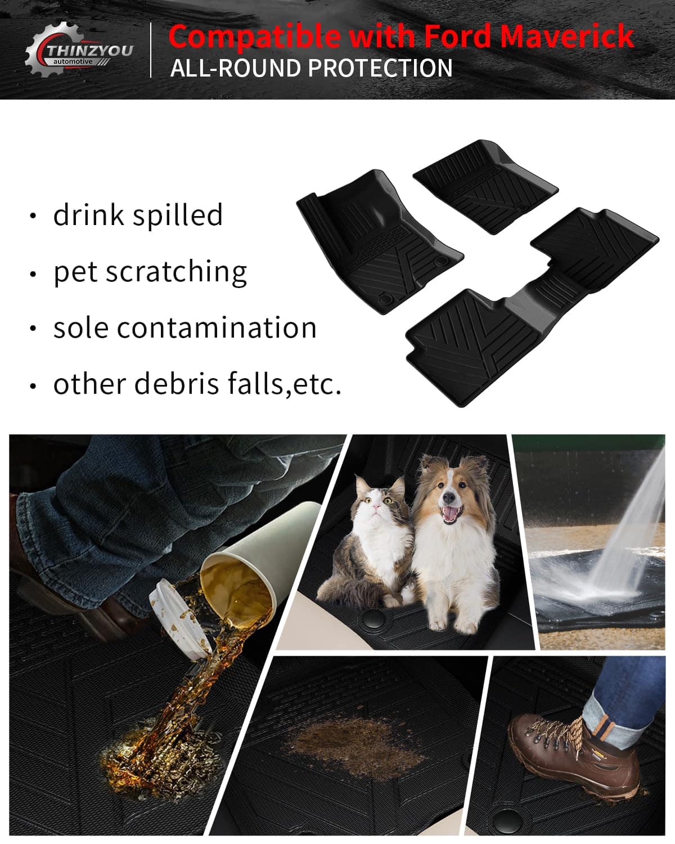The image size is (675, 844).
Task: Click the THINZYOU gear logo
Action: tap(78, 50)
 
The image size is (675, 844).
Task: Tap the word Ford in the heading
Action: tap(457, 36)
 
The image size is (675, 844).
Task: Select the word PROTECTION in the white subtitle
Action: tap(380, 68)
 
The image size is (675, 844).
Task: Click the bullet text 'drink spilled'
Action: tap(138, 215)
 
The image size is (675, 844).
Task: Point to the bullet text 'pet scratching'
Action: tap(150, 272)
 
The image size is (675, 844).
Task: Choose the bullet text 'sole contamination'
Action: tap(184, 327)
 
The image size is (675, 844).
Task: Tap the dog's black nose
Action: tap(449, 499)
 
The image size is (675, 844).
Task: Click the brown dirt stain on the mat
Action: tap(353, 747)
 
